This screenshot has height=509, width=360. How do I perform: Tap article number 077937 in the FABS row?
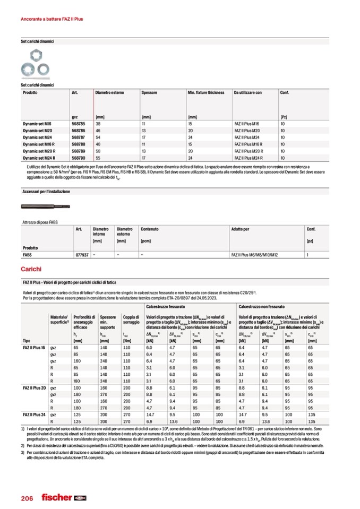[82, 255]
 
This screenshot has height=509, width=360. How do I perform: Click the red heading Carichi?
[31, 270]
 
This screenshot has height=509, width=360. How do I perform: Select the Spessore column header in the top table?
[149, 93]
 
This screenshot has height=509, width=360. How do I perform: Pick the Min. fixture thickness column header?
[206, 93]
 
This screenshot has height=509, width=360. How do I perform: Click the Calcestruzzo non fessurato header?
[260, 307]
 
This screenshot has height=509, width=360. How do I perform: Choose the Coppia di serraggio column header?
[132, 320]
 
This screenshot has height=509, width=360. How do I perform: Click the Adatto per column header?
[240, 229]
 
